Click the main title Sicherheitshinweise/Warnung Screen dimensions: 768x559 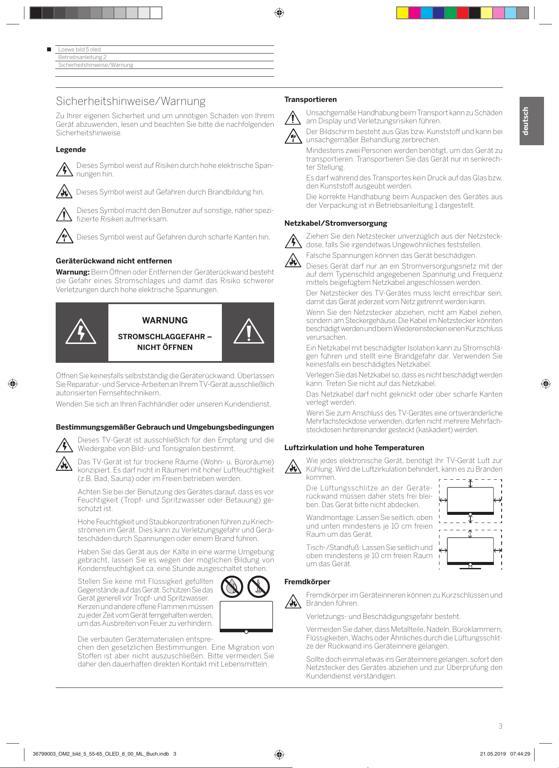click(x=131, y=101)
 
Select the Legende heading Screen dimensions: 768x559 click(x=71, y=149)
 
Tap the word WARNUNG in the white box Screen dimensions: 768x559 click(x=165, y=320)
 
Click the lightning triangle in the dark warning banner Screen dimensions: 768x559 click(x=81, y=332)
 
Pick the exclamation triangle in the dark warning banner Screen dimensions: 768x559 click(x=248, y=332)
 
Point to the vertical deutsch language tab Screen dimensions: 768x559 click(x=531, y=121)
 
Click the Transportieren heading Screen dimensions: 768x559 click(x=311, y=99)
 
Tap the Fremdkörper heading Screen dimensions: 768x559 click(x=307, y=582)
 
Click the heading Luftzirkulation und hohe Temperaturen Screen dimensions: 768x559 click(x=354, y=448)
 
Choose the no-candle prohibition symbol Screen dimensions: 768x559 click(x=259, y=587)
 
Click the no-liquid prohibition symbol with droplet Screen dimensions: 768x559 click(x=232, y=587)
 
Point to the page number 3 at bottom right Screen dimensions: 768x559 click(x=500, y=726)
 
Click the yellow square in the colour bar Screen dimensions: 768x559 click(x=402, y=13)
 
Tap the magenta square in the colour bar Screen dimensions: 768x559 click(x=414, y=13)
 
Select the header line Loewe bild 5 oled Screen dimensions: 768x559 click(x=80, y=49)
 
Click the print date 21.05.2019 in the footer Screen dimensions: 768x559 click(x=493, y=754)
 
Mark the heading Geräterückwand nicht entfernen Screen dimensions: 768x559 click(x=114, y=261)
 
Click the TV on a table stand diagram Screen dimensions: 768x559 click(x=470, y=551)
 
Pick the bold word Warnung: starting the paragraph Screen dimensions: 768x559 click(x=72, y=272)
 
